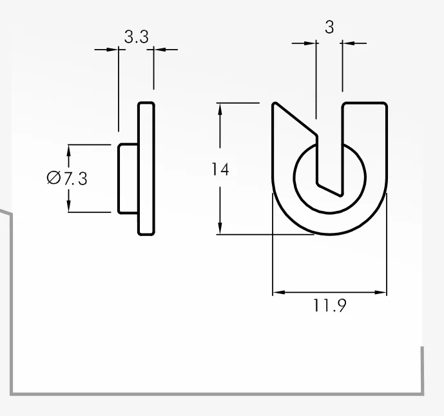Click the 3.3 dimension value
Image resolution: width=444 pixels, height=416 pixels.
[136, 37]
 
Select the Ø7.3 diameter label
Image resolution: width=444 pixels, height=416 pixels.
[67, 178]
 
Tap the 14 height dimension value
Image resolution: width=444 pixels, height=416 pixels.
[220, 170]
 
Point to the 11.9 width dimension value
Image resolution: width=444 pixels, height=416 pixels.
[329, 306]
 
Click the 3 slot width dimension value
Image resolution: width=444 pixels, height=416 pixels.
[329, 27]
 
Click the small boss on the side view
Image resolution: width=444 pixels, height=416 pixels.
[128, 178]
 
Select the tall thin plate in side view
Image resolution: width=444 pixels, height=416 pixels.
[146, 168]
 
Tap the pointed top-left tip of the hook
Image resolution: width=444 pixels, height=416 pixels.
[275, 103]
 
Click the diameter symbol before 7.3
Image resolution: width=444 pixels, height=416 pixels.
[53, 178]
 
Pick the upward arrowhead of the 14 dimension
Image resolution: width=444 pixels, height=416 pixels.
[220, 110]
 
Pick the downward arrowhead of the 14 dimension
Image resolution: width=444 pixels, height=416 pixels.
[220, 228]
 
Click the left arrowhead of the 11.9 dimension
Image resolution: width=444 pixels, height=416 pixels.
[279, 292]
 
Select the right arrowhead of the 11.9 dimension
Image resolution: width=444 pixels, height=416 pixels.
[380, 292]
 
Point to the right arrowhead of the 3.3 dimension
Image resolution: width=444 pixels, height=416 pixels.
[160, 50]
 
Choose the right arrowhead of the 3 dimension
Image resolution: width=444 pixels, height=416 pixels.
[349, 43]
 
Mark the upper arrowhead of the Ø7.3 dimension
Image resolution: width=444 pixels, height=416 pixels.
[68, 151]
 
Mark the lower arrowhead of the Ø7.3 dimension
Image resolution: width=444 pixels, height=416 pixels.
[68, 206]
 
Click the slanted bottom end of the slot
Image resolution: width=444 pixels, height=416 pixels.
[329, 190]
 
